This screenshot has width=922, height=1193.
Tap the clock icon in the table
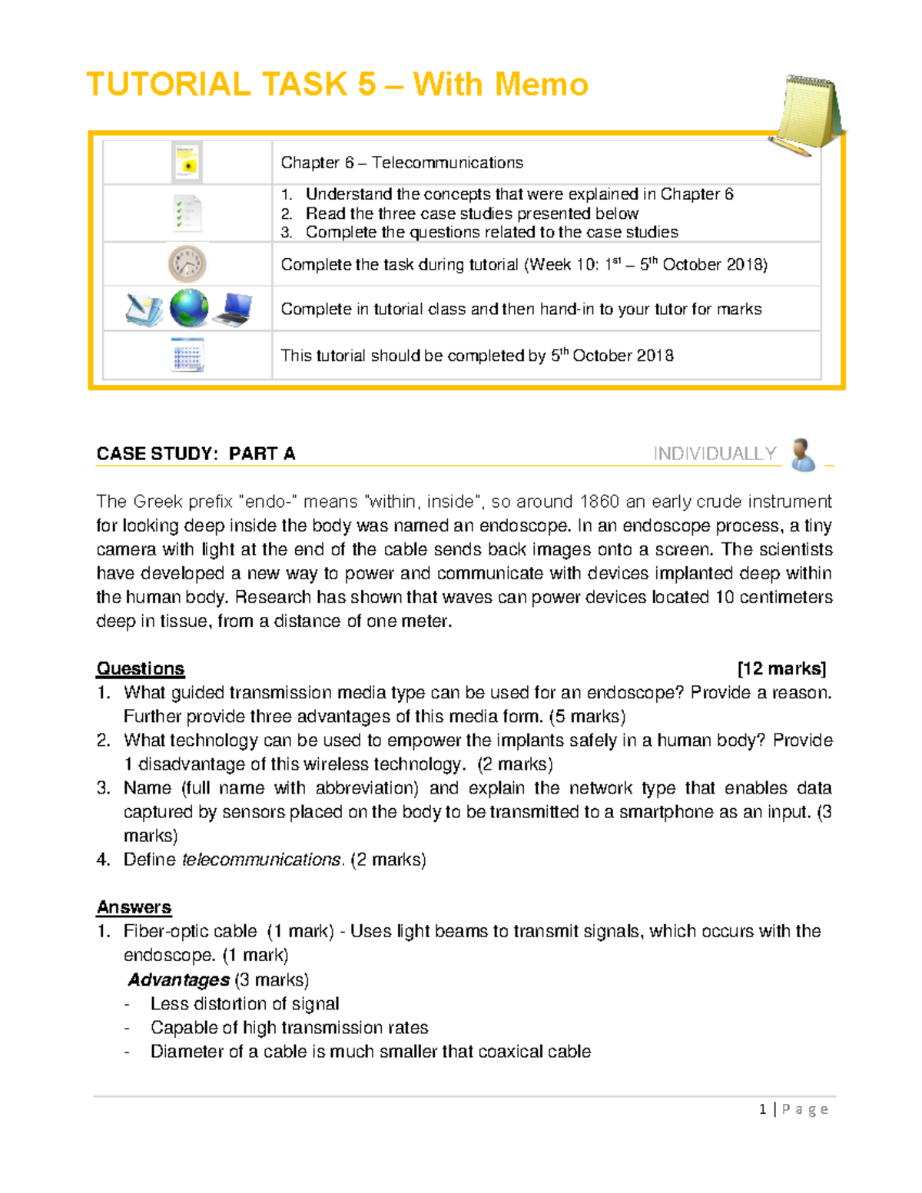coord(187,264)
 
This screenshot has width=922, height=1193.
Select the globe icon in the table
coord(189,309)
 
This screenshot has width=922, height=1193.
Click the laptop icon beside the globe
coord(233,310)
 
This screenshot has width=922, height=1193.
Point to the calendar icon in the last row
coord(187,356)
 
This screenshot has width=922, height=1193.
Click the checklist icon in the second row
coord(187,213)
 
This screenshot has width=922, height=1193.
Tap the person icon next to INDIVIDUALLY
coord(803,455)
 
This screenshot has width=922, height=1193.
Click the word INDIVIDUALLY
coord(715,454)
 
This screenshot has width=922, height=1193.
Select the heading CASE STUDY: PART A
coord(196,454)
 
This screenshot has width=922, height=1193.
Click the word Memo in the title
coord(539,85)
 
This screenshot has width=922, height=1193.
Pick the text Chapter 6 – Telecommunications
coord(401,163)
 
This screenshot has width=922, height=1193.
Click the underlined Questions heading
coord(141,669)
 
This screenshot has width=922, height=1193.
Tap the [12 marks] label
coord(781,669)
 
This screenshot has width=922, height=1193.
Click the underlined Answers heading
coord(134,907)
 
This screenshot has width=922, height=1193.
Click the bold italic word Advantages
coord(179,980)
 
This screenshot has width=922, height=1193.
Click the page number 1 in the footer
coord(762,1109)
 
